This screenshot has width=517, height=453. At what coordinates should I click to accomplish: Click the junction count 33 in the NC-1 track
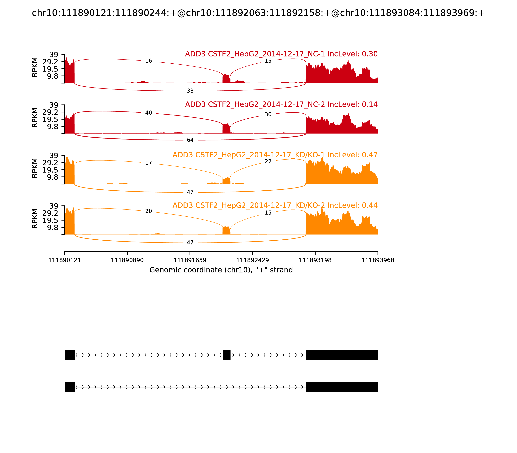pyautogui.click(x=190, y=91)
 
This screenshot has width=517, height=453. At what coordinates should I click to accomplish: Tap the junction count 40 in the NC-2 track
pyautogui.click(x=148, y=113)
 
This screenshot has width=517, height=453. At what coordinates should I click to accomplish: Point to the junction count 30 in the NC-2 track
pyautogui.click(x=268, y=115)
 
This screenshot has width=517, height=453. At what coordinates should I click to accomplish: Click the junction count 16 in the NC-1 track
pyautogui.click(x=148, y=61)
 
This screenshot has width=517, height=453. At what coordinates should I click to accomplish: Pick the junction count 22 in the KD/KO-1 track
pyautogui.click(x=268, y=161)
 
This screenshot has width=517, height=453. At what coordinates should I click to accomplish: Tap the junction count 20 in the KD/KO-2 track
pyautogui.click(x=148, y=211)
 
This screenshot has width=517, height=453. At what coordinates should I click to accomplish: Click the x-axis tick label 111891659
pyautogui.click(x=190, y=260)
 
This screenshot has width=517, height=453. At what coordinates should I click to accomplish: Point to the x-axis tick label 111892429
pyautogui.click(x=252, y=260)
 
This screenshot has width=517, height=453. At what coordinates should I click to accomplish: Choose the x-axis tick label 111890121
pyautogui.click(x=65, y=260)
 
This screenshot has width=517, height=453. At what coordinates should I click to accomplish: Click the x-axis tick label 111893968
pyautogui.click(x=378, y=260)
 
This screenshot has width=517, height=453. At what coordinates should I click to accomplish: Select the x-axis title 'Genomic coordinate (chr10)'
pyautogui.click(x=221, y=270)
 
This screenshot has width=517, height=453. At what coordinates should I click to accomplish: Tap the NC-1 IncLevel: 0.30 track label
pyautogui.click(x=281, y=54)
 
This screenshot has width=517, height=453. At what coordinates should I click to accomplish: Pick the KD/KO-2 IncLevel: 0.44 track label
pyautogui.click(x=275, y=205)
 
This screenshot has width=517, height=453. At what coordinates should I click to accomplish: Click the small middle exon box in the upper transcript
pyautogui.click(x=227, y=355)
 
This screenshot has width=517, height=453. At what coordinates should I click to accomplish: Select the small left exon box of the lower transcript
pyautogui.click(x=69, y=387)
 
